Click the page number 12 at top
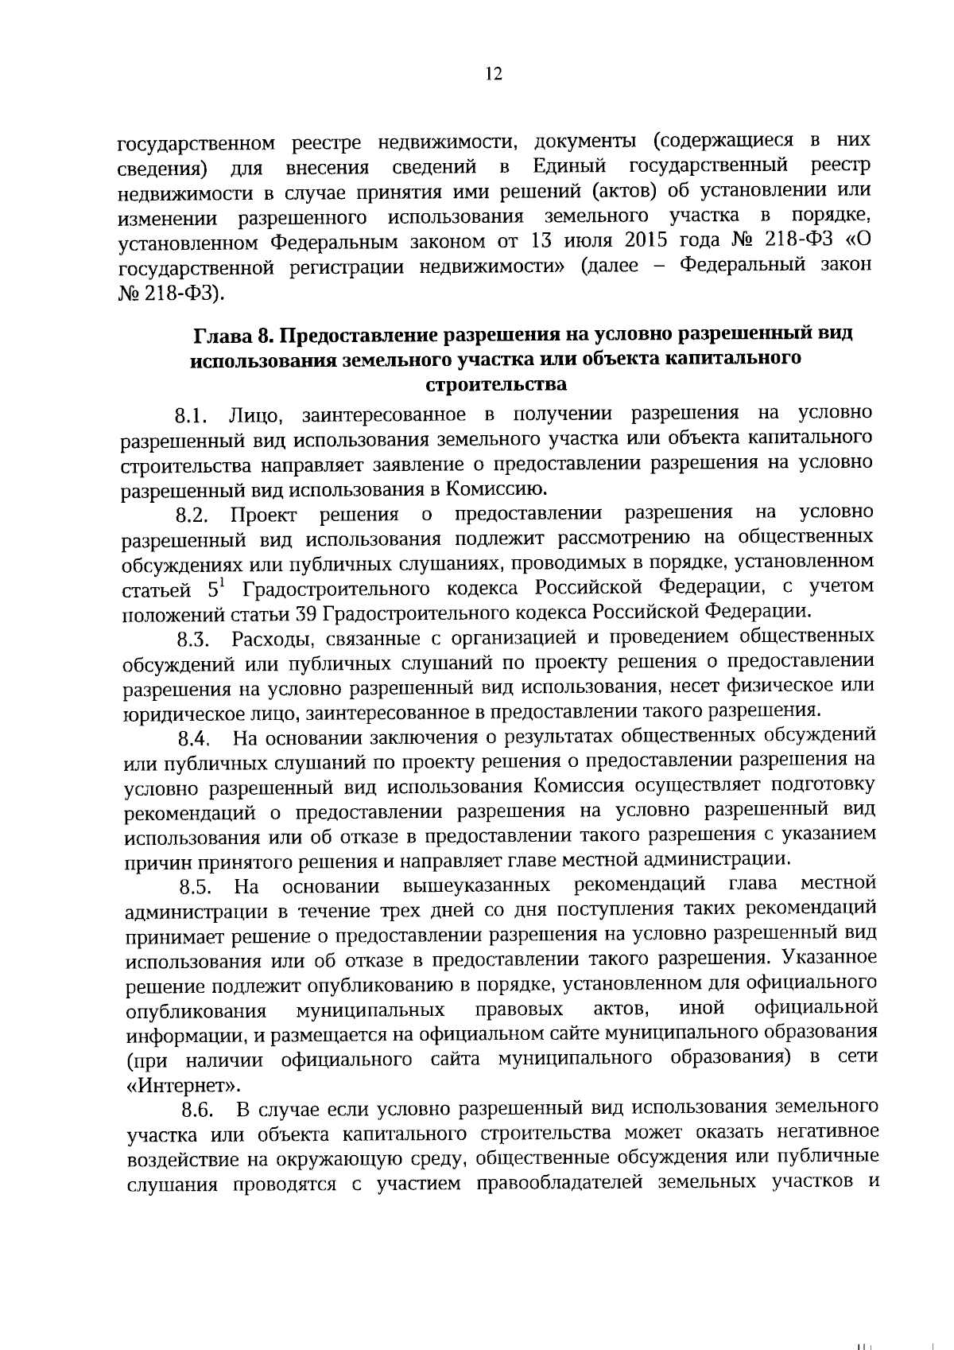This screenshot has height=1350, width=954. (x=493, y=75)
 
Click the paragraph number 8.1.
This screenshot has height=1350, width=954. (x=192, y=416)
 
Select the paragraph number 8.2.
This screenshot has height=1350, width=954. (x=192, y=515)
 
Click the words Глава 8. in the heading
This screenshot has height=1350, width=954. (x=232, y=334)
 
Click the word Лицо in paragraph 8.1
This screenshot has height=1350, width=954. (x=253, y=414)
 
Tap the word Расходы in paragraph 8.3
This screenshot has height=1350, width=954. (x=266, y=639)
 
